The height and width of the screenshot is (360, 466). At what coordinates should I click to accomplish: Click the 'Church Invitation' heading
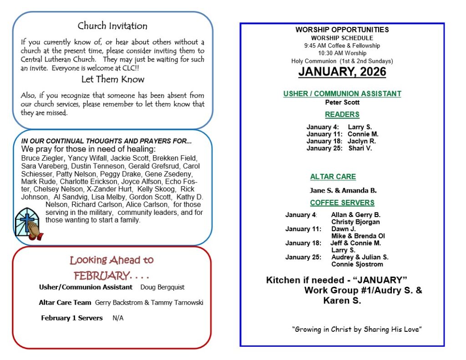click(x=112, y=26)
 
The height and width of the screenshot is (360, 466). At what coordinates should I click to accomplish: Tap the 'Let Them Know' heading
click(x=112, y=79)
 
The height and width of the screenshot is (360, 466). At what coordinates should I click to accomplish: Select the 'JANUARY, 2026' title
click(x=342, y=72)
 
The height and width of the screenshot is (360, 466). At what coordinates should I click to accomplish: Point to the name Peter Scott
click(x=342, y=102)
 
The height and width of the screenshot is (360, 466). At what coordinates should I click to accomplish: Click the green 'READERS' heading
click(x=342, y=115)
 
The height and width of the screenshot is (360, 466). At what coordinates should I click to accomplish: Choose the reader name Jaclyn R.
click(x=362, y=141)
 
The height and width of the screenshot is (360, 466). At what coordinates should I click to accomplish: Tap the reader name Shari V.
click(x=360, y=148)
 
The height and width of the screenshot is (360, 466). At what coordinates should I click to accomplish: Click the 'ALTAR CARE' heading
click(x=333, y=177)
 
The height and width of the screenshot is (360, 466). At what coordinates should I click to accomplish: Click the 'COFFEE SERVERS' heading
click(x=342, y=203)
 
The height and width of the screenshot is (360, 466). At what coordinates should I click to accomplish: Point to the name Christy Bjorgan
click(x=355, y=222)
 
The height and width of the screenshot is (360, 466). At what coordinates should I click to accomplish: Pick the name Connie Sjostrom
click(x=357, y=264)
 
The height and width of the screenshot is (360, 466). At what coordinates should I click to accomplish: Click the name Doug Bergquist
click(x=162, y=287)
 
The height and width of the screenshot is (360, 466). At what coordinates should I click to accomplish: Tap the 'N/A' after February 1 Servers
click(x=118, y=318)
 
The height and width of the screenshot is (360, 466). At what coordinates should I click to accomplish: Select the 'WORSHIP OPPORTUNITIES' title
click(x=342, y=30)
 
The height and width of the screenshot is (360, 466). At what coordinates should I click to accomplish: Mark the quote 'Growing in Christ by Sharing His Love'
click(x=357, y=330)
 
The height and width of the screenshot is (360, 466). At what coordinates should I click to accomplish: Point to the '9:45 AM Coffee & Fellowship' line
click(x=342, y=46)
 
